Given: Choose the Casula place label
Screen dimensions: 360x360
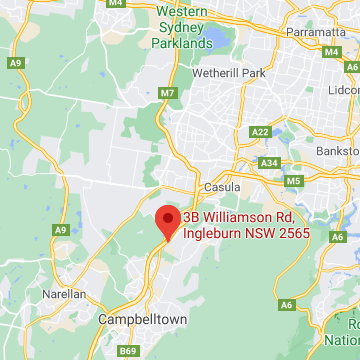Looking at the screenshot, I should click(x=221, y=187).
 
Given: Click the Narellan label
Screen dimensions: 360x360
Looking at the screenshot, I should click(x=62, y=295).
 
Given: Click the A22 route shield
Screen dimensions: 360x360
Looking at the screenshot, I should click(x=261, y=131).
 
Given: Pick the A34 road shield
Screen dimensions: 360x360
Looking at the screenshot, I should click(x=268, y=162).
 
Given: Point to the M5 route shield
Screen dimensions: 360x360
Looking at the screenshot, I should click(x=293, y=181).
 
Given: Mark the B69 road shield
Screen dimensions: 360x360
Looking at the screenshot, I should click(x=127, y=351).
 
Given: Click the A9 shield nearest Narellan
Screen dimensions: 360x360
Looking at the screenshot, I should click(x=59, y=230).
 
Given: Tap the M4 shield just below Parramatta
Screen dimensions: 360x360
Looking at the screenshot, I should click(x=331, y=51).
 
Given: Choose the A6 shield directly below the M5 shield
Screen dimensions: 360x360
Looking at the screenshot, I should click(x=286, y=304).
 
